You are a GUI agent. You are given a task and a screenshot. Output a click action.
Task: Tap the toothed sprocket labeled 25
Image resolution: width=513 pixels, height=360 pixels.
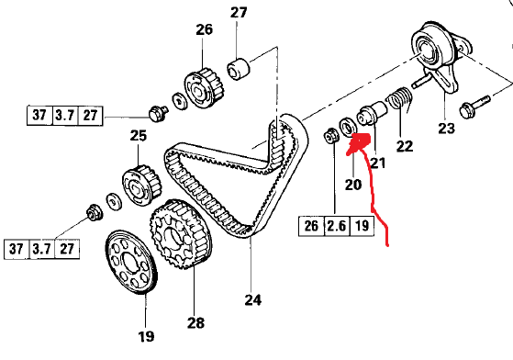(138, 183)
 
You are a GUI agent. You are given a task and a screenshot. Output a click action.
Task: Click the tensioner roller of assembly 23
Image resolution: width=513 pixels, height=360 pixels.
(429, 48)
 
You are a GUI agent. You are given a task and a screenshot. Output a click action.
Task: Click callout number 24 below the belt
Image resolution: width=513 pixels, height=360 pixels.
(251, 298)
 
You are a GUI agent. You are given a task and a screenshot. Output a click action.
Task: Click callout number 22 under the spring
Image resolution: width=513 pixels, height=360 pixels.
(405, 146)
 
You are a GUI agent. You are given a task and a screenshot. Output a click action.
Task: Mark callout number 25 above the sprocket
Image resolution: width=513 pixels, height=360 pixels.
(138, 137)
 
